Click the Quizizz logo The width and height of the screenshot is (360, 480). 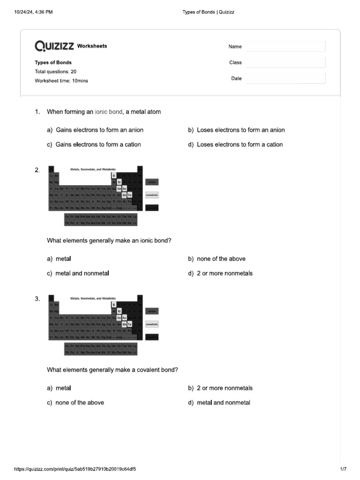click(54, 46)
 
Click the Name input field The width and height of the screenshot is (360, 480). click(285, 46)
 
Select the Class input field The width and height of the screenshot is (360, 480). click(285, 62)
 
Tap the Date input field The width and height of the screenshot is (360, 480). click(285, 78)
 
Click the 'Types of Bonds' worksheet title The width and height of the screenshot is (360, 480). click(53, 62)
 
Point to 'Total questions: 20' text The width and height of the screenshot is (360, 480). click(55, 72)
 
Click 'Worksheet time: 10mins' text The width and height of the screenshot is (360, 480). click(61, 81)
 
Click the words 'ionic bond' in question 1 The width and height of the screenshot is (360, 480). click(108, 112)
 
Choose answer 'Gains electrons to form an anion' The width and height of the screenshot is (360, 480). click(99, 130)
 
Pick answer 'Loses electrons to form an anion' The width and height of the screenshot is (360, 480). click(240, 130)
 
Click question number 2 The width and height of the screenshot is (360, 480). click(37, 170)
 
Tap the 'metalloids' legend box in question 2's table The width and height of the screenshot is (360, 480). click(152, 195)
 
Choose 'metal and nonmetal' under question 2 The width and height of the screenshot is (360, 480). click(82, 273)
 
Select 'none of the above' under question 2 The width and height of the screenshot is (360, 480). click(221, 259)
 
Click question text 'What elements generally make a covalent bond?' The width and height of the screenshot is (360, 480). click(112, 370)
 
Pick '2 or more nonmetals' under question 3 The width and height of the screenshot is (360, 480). click(225, 388)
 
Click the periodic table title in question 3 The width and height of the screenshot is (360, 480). click(93, 298)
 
